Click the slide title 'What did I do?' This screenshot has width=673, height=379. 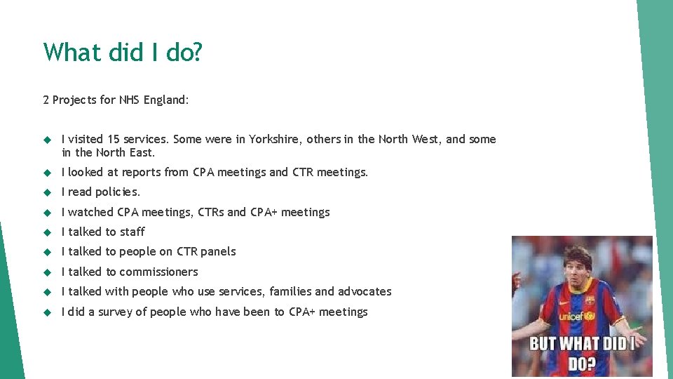click(x=123, y=52)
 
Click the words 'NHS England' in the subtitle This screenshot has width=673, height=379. click(x=154, y=100)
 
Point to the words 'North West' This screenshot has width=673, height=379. click(x=410, y=139)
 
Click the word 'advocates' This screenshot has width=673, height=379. click(x=365, y=291)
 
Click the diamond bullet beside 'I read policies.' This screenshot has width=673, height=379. click(x=48, y=192)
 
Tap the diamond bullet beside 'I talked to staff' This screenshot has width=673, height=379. click(x=48, y=232)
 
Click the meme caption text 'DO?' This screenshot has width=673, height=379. click(x=582, y=364)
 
